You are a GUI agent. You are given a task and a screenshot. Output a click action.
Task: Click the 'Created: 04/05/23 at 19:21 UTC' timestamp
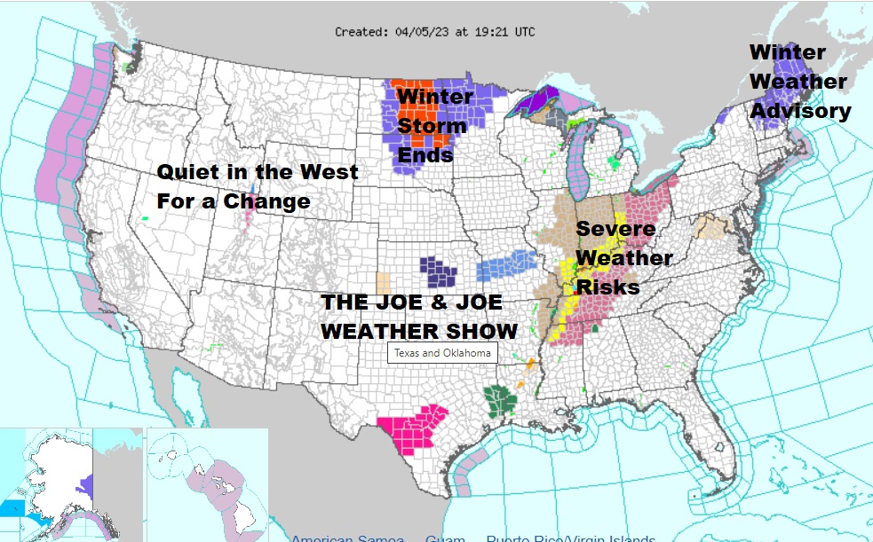coord(435,32)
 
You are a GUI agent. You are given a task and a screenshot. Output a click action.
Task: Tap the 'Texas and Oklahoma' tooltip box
coord(443,353)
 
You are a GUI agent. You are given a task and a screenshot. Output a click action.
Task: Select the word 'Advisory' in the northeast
coord(800,111)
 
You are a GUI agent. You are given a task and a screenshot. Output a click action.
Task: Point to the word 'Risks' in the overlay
coord(608,287)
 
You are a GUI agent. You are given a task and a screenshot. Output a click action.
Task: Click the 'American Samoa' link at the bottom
coord(347,538)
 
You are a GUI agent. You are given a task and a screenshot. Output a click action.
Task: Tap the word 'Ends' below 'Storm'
coord(425,155)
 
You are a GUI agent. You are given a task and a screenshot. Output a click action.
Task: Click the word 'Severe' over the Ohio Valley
coord(615,229)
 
